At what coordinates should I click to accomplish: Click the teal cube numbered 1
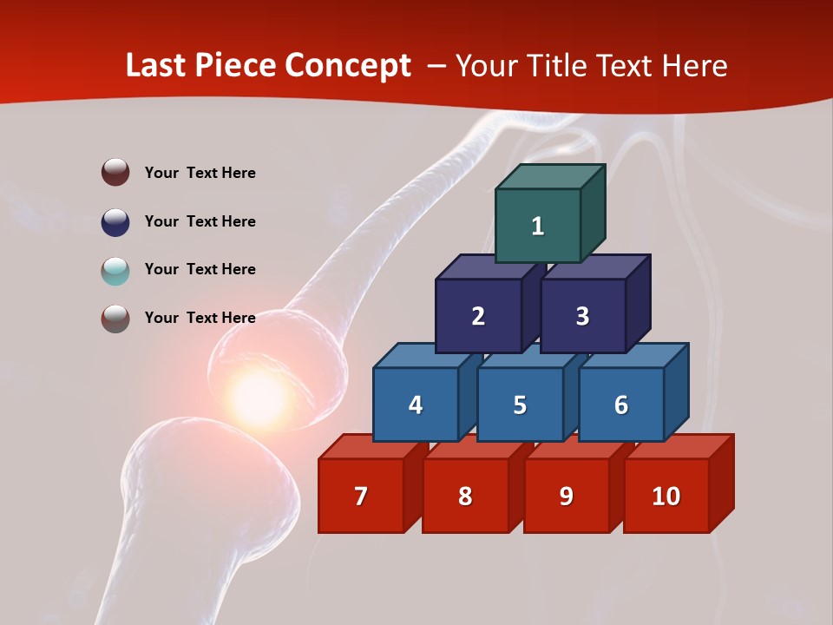point(538,226)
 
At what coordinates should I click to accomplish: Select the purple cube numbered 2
point(478,316)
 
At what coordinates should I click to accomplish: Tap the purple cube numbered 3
point(582,316)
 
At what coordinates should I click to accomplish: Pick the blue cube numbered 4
point(416,405)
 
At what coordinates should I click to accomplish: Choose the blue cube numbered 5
point(520,405)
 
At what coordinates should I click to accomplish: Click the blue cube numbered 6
point(621,405)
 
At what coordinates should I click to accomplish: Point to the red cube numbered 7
point(361,496)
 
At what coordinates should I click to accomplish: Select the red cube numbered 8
point(465,496)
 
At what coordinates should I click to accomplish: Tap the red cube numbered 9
point(567,496)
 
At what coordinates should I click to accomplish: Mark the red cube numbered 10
point(666,496)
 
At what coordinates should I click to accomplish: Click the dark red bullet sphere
point(115,172)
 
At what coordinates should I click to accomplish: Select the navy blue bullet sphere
point(115,221)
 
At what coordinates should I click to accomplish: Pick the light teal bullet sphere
point(115,271)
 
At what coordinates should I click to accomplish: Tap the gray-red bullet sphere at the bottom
point(115,319)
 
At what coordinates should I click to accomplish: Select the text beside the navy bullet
point(200,221)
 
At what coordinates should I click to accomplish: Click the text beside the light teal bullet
point(200,269)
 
